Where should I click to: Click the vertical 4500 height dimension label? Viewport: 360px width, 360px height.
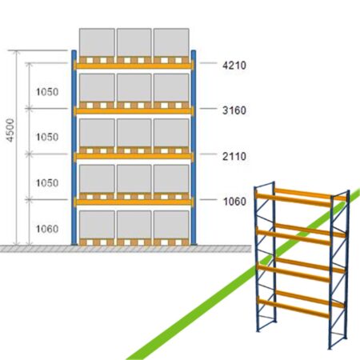(10, 130)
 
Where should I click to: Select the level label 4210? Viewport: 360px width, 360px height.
(234, 65)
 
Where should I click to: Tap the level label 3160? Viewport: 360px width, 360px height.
(234, 110)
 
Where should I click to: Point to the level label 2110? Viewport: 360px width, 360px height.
(234, 156)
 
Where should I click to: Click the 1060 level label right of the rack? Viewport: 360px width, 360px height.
(234, 202)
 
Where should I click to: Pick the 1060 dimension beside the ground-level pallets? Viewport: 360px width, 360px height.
(47, 229)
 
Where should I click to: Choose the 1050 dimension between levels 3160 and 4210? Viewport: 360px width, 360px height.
(47, 92)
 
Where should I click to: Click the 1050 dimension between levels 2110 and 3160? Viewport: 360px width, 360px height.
(47, 137)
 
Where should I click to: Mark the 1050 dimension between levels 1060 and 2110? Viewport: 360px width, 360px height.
(47, 182)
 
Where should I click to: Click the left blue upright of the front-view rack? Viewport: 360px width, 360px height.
(74, 147)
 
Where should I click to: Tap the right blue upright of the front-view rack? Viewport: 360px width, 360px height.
(194, 147)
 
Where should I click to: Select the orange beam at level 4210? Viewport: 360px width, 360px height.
(134, 66)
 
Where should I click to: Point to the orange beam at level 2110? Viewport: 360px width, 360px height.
(134, 157)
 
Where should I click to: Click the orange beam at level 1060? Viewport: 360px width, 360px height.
(134, 202)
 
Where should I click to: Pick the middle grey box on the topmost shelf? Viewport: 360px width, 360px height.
(134, 42)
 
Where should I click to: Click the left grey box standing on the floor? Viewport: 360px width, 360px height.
(97, 225)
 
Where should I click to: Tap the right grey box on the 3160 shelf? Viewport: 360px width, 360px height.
(171, 88)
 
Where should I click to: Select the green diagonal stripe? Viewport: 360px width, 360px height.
(242, 274)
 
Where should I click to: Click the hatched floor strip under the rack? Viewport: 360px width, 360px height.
(126, 249)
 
